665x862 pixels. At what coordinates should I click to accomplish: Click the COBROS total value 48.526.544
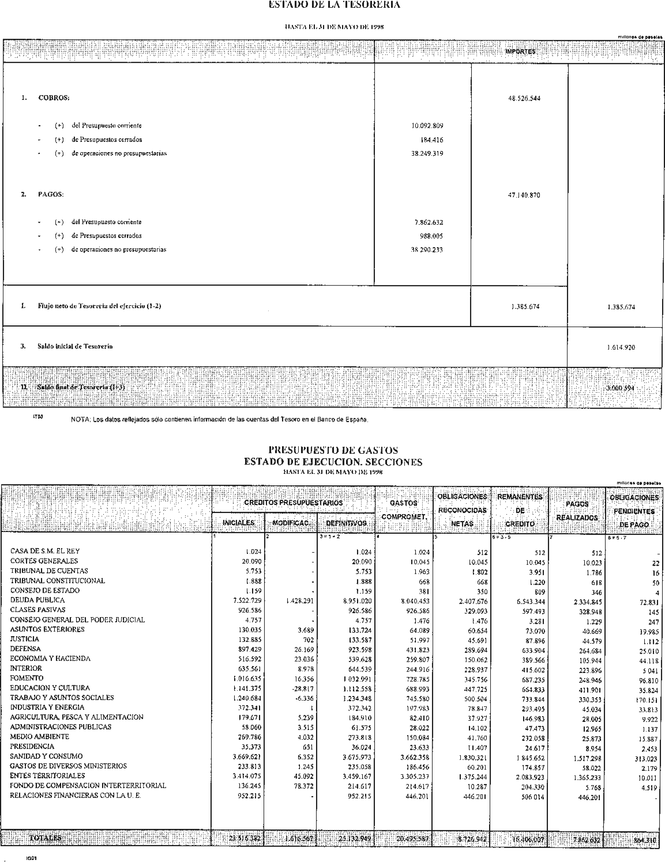(524, 98)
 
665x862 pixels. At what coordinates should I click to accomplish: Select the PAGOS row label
(50, 195)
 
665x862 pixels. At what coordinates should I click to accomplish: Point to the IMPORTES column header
(520, 52)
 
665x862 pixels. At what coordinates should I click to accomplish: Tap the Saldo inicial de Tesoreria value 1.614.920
(621, 347)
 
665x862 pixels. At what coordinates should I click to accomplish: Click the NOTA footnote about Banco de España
(219, 420)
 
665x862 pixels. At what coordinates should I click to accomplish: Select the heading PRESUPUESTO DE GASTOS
(333, 450)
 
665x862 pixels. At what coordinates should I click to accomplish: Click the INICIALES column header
(238, 523)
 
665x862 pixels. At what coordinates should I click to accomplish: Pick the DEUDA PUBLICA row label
(37, 600)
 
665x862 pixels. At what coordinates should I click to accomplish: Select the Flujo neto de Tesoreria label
(99, 306)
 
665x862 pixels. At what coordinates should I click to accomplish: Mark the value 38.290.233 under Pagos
(427, 250)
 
